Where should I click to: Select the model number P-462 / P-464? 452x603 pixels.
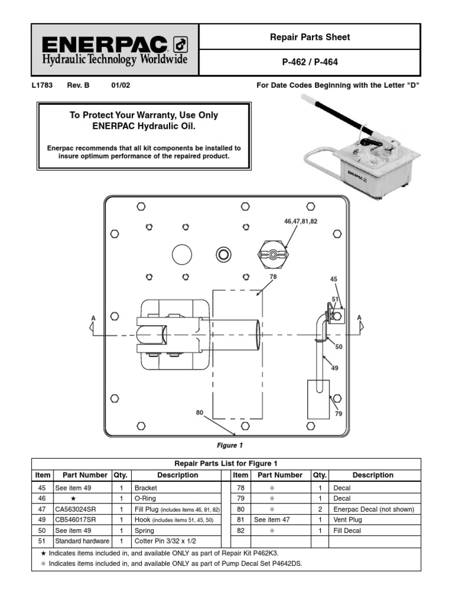coord(309,62)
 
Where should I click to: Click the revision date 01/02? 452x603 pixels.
coord(121,85)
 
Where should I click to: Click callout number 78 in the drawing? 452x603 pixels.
coord(272,276)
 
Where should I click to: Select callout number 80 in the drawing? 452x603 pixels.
coord(200,413)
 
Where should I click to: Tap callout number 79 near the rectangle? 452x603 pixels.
coord(338,414)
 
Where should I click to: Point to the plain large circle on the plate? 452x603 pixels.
coord(182,254)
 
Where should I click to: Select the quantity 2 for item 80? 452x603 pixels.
coord(320,509)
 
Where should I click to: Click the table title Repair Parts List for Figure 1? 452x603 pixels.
coord(226,463)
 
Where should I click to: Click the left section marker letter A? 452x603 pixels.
coord(93,319)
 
